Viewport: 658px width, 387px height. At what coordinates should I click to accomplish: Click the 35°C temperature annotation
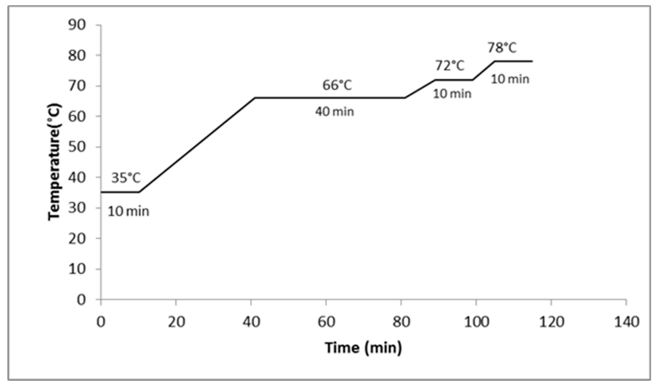click(126, 178)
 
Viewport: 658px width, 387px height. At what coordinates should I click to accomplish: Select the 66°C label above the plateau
click(337, 85)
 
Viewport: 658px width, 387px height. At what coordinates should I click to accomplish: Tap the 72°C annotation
click(450, 66)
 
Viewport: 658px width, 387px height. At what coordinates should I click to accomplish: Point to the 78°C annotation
click(502, 48)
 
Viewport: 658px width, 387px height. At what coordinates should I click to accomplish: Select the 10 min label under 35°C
click(128, 212)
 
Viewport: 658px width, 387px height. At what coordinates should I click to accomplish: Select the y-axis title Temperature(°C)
click(54, 162)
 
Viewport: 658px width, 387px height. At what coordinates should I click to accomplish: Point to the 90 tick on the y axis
click(77, 26)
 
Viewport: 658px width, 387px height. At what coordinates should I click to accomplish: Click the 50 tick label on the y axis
click(77, 147)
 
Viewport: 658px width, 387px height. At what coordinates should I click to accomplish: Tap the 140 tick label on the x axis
click(626, 322)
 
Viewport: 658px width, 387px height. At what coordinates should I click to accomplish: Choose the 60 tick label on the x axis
click(326, 322)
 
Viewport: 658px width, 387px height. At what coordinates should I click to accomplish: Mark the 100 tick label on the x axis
click(476, 322)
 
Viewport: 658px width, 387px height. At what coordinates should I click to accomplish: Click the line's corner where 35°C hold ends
click(139, 192)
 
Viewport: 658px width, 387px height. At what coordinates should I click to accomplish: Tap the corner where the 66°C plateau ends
click(405, 98)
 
